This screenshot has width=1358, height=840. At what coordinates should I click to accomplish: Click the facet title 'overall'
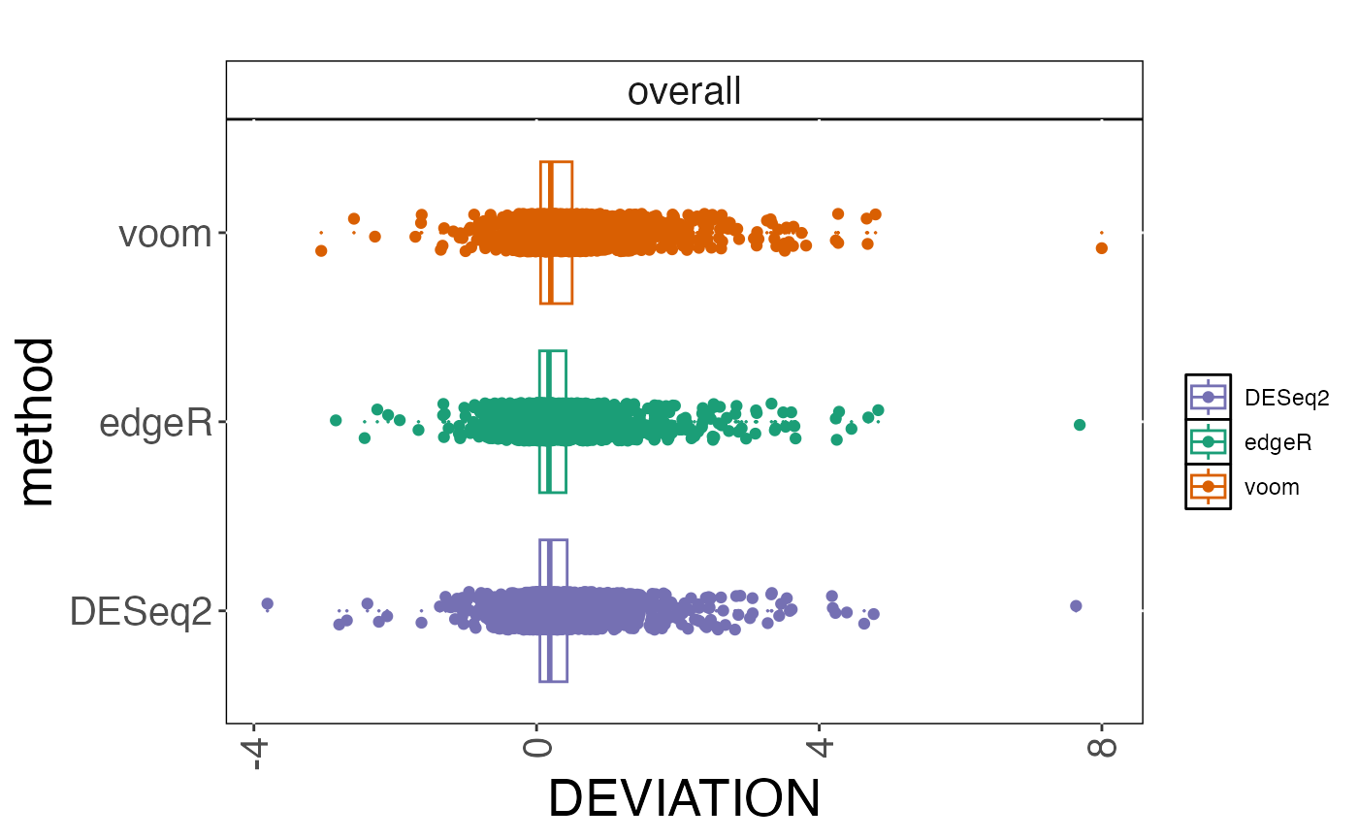(x=684, y=91)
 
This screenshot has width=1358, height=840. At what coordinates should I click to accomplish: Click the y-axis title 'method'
(x=39, y=421)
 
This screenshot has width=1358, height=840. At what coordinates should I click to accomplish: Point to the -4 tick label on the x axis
(x=255, y=753)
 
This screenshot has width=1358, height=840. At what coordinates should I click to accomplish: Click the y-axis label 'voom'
(x=165, y=234)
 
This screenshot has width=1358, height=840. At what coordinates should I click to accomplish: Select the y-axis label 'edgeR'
(x=155, y=423)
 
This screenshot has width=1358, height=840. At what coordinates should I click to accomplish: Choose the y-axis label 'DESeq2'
(x=141, y=612)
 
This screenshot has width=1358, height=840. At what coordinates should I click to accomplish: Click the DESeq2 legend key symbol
(x=1208, y=397)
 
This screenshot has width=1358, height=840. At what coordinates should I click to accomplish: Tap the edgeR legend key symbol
(x=1208, y=441)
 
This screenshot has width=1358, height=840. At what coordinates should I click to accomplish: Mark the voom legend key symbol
(x=1208, y=486)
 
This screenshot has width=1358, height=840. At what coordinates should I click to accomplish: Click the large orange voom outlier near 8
(x=1102, y=248)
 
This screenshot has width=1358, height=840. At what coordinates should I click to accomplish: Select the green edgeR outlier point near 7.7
(x=1080, y=425)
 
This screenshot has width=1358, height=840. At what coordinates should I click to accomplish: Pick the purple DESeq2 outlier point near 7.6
(x=1076, y=606)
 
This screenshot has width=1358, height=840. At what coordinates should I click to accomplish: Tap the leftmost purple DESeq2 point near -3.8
(x=268, y=603)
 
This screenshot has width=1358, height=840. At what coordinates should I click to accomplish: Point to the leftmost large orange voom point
(x=321, y=251)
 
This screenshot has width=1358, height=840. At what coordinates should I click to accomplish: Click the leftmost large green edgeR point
(x=336, y=420)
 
